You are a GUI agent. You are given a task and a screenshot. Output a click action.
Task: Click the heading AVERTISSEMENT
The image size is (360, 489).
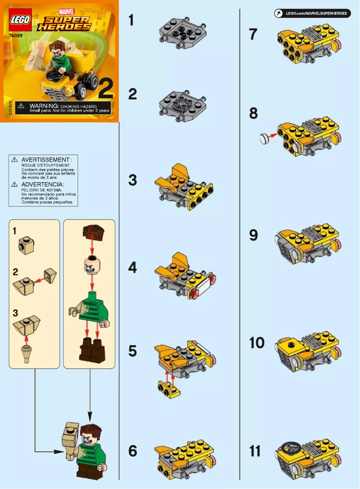coord(46,160)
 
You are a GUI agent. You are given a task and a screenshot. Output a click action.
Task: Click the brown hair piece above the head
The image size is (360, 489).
coord(92,233)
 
